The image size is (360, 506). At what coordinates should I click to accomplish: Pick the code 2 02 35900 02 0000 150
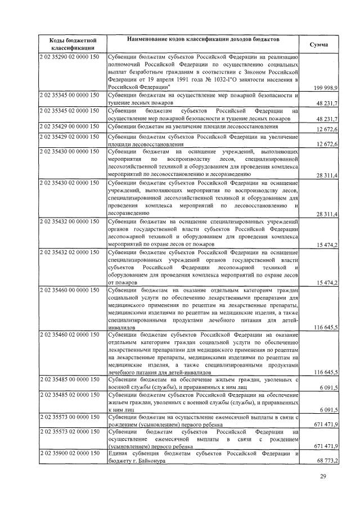pos(69,453)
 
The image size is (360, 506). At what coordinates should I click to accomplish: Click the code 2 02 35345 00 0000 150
pos(69,96)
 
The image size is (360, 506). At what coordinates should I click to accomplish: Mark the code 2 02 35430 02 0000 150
pos(69,183)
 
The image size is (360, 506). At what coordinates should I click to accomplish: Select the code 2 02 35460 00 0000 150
pos(69,290)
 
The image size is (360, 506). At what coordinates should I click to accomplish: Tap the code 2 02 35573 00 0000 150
pos(69,418)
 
